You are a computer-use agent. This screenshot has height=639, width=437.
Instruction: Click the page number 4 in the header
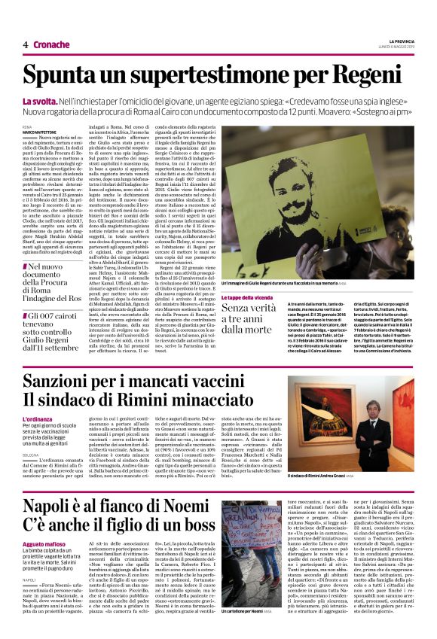click(25, 44)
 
